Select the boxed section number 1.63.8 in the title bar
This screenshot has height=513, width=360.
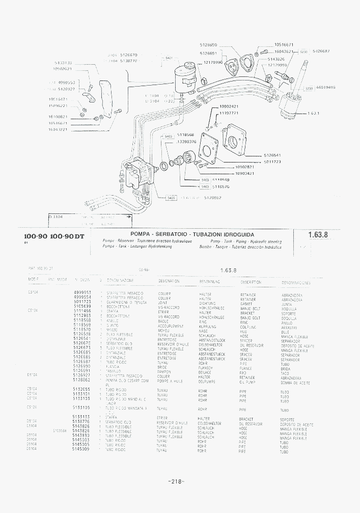[318, 235]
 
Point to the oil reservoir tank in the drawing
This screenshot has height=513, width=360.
[183, 78]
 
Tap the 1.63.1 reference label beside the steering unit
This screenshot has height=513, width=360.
[314, 114]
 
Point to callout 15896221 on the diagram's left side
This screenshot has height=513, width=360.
[58, 105]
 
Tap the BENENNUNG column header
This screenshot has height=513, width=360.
[209, 281]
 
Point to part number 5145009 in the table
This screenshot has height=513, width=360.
[81, 450]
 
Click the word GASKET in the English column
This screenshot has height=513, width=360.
[246, 304]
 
